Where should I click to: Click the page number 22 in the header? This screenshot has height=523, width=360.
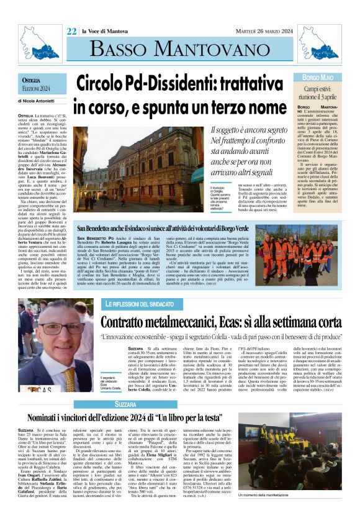pos(72,31)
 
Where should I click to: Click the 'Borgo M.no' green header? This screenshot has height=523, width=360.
pos(318,77)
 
